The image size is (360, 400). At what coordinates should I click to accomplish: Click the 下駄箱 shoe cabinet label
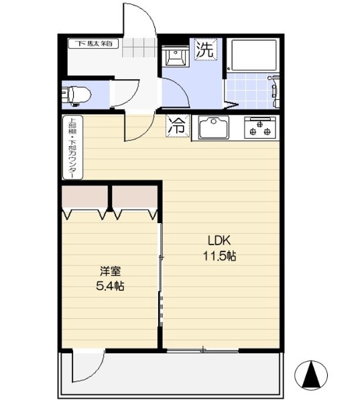point(93,44)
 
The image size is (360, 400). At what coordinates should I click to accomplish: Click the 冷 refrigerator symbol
point(178,125)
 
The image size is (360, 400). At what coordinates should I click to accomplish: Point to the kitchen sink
point(213,126)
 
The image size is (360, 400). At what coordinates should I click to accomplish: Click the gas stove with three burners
point(260,126)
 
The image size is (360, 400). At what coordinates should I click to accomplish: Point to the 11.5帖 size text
point(219,255)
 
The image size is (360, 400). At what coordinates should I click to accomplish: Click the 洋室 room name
point(111,271)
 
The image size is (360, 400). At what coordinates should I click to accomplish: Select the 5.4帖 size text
point(111,286)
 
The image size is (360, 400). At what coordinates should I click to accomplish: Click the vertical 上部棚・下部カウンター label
point(70,149)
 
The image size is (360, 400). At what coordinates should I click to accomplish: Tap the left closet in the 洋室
point(85,200)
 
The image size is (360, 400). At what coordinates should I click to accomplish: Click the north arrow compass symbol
point(311,375)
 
